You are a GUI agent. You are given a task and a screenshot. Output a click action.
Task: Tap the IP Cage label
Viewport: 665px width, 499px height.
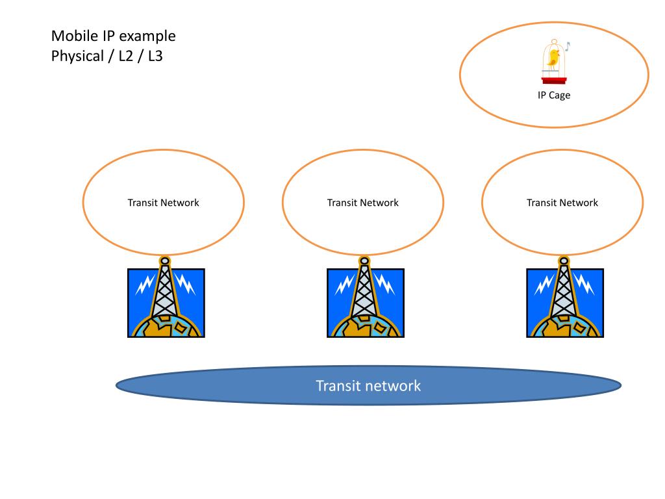click(553, 96)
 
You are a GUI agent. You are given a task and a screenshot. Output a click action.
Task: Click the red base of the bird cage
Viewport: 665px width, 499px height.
click(554, 80)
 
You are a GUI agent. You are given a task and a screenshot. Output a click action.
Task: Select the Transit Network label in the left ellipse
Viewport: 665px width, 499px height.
click(163, 203)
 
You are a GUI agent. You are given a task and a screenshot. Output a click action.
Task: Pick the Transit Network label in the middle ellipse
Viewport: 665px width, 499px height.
click(362, 203)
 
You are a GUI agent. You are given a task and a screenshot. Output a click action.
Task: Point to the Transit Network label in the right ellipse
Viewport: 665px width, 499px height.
click(562, 203)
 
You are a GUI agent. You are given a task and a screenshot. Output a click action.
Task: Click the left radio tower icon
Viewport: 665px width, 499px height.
click(166, 302)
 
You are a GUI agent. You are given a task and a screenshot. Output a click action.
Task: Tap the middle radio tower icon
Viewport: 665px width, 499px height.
click(365, 302)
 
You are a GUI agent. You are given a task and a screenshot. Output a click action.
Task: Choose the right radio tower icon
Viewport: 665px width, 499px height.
click(564, 302)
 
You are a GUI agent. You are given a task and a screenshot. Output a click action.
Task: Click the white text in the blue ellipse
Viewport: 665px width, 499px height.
click(368, 386)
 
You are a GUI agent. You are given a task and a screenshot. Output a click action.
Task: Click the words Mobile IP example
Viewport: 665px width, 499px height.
click(114, 36)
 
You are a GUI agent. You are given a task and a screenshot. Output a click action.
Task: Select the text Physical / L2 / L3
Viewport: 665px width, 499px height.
click(107, 56)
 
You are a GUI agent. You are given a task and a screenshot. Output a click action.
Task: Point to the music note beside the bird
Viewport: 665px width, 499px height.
click(566, 46)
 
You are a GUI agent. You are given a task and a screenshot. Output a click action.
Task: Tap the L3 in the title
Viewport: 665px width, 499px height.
click(155, 56)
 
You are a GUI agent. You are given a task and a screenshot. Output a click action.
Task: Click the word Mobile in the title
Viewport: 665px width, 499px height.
click(71, 36)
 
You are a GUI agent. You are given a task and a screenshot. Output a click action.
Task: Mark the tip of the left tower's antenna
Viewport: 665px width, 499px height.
click(165, 261)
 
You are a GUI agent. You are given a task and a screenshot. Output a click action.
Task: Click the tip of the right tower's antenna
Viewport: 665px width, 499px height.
click(564, 261)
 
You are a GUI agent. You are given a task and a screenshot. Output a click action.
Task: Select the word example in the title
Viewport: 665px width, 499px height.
click(149, 36)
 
